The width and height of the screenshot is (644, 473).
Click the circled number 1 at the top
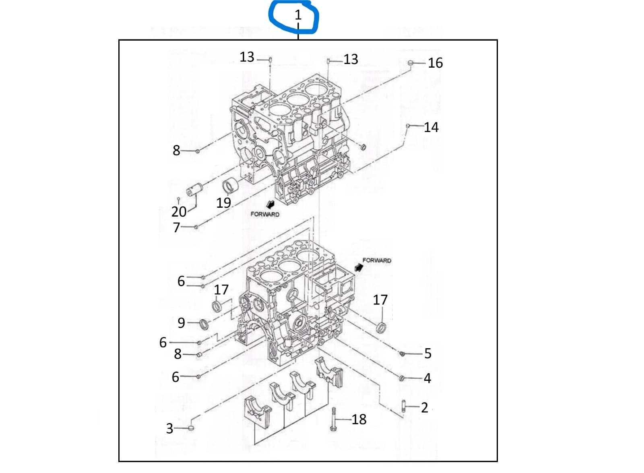pos(298,15)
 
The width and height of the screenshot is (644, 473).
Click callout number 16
pos(435,63)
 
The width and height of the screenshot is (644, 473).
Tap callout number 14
pos(431,127)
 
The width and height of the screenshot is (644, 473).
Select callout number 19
pos(223,202)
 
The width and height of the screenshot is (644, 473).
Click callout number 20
pos(179,211)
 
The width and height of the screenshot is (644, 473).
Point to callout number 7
pos(176,227)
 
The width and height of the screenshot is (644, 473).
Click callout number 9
pos(182,323)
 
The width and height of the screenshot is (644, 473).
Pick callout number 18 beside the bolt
pos(359,419)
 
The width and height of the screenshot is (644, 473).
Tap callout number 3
pos(170,428)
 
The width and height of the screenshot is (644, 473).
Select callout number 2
pos(424,407)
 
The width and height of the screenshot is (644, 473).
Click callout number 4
pos(427,378)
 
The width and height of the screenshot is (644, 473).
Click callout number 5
pos(427,353)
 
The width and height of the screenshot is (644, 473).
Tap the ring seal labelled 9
pos(205,324)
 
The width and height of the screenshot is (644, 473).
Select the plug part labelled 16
pos(411,63)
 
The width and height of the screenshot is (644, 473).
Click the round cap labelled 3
pos(191,428)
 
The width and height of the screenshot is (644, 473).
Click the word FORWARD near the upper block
pos(264,214)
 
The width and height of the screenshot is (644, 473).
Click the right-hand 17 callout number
pos(380,299)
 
